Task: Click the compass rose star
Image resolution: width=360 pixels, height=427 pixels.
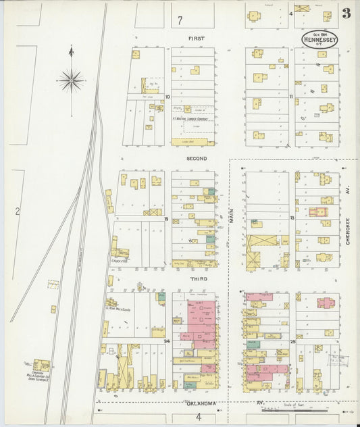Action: click(71, 81)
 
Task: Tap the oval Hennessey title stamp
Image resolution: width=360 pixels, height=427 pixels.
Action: click(317, 39)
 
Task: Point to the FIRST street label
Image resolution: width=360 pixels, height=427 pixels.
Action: click(196, 39)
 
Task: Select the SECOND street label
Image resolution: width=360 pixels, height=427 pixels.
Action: click(197, 158)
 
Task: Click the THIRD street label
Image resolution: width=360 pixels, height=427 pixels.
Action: click(199, 278)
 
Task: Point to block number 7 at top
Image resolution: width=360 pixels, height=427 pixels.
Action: click(180, 20)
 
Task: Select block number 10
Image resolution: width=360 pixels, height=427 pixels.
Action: click(167, 97)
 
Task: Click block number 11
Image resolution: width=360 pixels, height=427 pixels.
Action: click(291, 97)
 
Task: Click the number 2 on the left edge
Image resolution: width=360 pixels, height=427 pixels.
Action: click(17, 211)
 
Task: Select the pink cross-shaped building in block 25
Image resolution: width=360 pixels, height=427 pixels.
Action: click(327, 303)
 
